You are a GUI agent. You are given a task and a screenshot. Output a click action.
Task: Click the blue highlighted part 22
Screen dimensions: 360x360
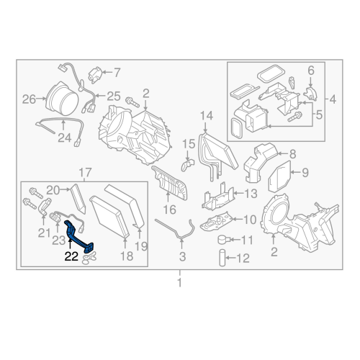click(x=78, y=238)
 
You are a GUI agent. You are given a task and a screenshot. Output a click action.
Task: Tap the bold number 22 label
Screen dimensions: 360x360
click(x=72, y=255)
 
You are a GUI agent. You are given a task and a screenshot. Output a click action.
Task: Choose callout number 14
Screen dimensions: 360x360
click(x=207, y=115)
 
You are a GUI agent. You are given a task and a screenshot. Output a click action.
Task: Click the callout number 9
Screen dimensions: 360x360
click(x=304, y=172)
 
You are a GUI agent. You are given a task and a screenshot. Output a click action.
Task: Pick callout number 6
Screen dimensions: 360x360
click(x=311, y=70)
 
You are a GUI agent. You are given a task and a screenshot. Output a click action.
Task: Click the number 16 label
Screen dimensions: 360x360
click(x=169, y=210)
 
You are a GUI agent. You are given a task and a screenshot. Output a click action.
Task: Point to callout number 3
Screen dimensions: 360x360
click(x=181, y=256)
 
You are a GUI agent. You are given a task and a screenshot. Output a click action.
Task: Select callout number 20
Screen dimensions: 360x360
click(x=53, y=189)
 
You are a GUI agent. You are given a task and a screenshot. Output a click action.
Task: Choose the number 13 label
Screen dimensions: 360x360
click(x=249, y=194)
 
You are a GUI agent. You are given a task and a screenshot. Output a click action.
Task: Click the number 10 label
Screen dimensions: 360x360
click(x=249, y=220)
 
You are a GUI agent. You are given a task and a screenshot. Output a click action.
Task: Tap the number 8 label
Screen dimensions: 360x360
click(x=293, y=153)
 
